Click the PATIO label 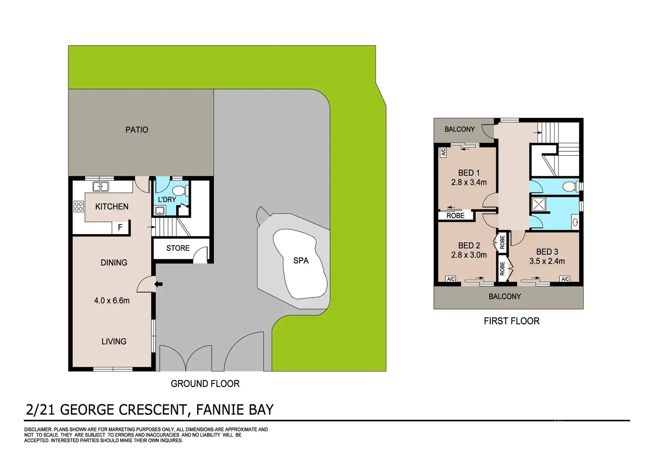[137, 130]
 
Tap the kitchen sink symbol [101, 187]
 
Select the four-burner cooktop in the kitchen [79, 206]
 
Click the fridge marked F [120, 227]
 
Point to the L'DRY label [167, 199]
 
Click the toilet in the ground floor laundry [178, 191]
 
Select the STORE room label [178, 248]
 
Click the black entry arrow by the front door [158, 284]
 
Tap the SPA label [301, 261]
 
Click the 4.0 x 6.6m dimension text [112, 301]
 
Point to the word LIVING [114, 341]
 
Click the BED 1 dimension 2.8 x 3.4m [469, 182]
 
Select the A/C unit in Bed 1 [443, 152]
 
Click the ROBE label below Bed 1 [456, 216]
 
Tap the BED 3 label [547, 252]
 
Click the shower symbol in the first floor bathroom [539, 204]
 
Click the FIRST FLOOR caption [511, 321]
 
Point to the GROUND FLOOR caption [205, 384]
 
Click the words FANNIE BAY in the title [235, 410]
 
